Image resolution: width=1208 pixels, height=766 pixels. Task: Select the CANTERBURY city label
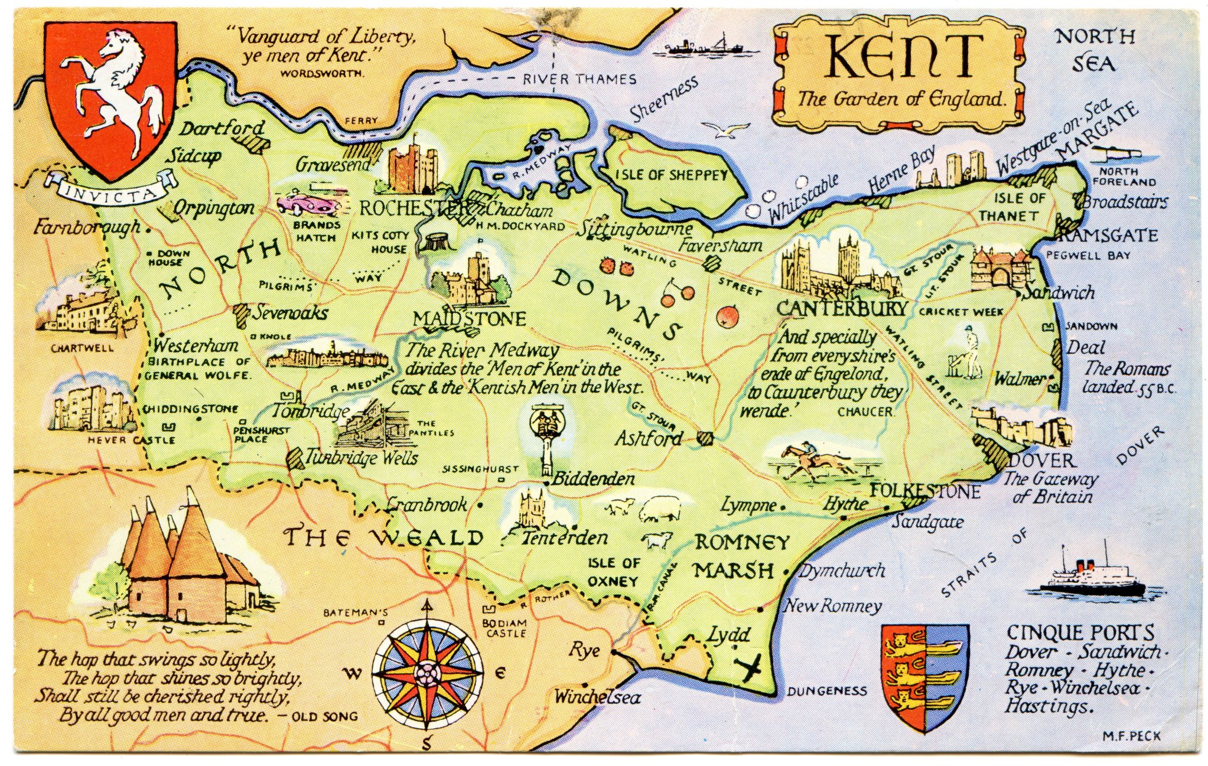pos(842,308)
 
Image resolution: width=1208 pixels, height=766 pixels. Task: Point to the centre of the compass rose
pos(426,672)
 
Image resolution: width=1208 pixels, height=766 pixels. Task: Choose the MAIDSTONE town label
pos(469,320)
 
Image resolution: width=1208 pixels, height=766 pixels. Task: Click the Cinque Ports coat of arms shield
pos(924,677)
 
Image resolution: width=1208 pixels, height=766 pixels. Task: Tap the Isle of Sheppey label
pos(672,175)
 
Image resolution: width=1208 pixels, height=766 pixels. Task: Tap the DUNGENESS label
pos(826,691)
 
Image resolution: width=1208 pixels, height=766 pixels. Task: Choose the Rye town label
pos(585,651)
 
